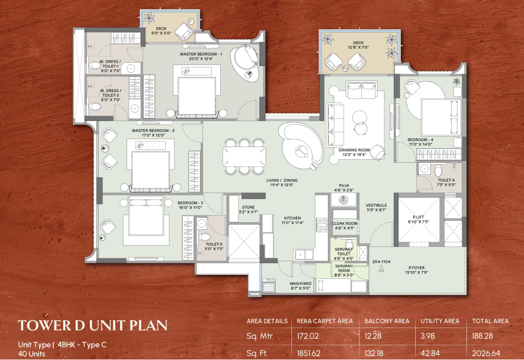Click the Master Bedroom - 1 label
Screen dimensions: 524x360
(201, 56)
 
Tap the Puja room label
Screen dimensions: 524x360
(344, 187)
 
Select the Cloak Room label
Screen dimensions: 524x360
(345, 226)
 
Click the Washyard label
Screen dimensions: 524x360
(300, 286)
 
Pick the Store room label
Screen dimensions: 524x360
(248, 210)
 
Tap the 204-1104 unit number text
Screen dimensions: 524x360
(381, 262)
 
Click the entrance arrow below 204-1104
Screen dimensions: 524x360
(381, 268)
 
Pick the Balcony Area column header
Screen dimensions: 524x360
(386, 321)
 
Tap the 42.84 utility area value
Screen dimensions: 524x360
(430, 353)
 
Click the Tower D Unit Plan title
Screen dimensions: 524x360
(93, 325)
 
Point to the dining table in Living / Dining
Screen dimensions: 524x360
(244, 156)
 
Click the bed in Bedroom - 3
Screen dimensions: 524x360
(146, 216)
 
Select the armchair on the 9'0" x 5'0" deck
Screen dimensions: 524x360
(184, 31)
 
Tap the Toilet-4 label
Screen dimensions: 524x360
(446, 182)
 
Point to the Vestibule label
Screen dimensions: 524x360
(376, 208)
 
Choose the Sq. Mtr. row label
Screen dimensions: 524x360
(260, 336)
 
